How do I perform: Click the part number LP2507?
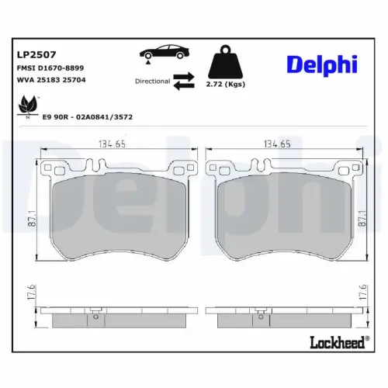(35, 55)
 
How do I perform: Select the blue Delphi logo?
(320, 64)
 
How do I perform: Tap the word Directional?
(152, 80)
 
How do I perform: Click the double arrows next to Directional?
(185, 81)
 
